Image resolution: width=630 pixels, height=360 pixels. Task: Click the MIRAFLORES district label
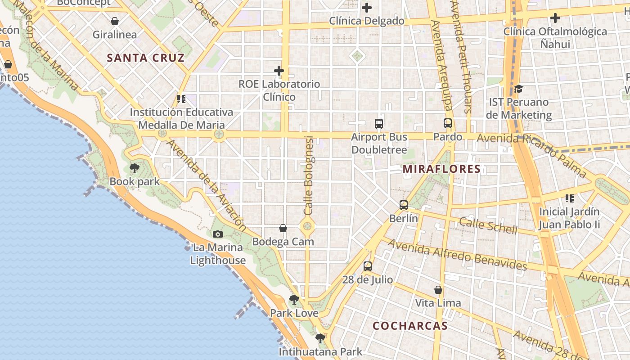click(441, 169)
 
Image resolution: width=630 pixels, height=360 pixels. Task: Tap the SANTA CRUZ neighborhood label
click(146, 58)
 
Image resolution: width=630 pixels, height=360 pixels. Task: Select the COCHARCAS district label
click(410, 326)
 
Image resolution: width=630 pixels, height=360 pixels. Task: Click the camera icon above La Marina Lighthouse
click(218, 234)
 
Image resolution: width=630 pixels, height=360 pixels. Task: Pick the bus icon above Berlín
click(404, 205)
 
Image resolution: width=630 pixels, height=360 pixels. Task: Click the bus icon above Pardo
click(448, 123)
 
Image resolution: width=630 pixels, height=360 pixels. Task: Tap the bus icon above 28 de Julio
click(368, 266)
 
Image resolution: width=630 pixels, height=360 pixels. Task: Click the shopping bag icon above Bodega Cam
click(283, 229)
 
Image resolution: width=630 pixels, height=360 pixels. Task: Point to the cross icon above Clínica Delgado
click(367, 8)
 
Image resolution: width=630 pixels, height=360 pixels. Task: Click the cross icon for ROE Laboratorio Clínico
click(279, 71)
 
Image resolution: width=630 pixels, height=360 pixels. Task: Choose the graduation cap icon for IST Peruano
click(519, 89)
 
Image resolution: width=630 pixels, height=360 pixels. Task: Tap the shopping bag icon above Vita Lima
click(438, 290)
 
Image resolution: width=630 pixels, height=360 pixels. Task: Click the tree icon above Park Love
click(294, 300)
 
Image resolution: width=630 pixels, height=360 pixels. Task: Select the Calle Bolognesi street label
click(308, 175)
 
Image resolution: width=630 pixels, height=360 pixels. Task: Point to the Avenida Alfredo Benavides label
click(457, 255)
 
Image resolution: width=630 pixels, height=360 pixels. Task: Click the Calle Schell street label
click(488, 225)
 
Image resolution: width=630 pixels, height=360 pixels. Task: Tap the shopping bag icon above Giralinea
click(115, 21)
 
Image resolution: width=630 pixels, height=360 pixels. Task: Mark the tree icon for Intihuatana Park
click(320, 338)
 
